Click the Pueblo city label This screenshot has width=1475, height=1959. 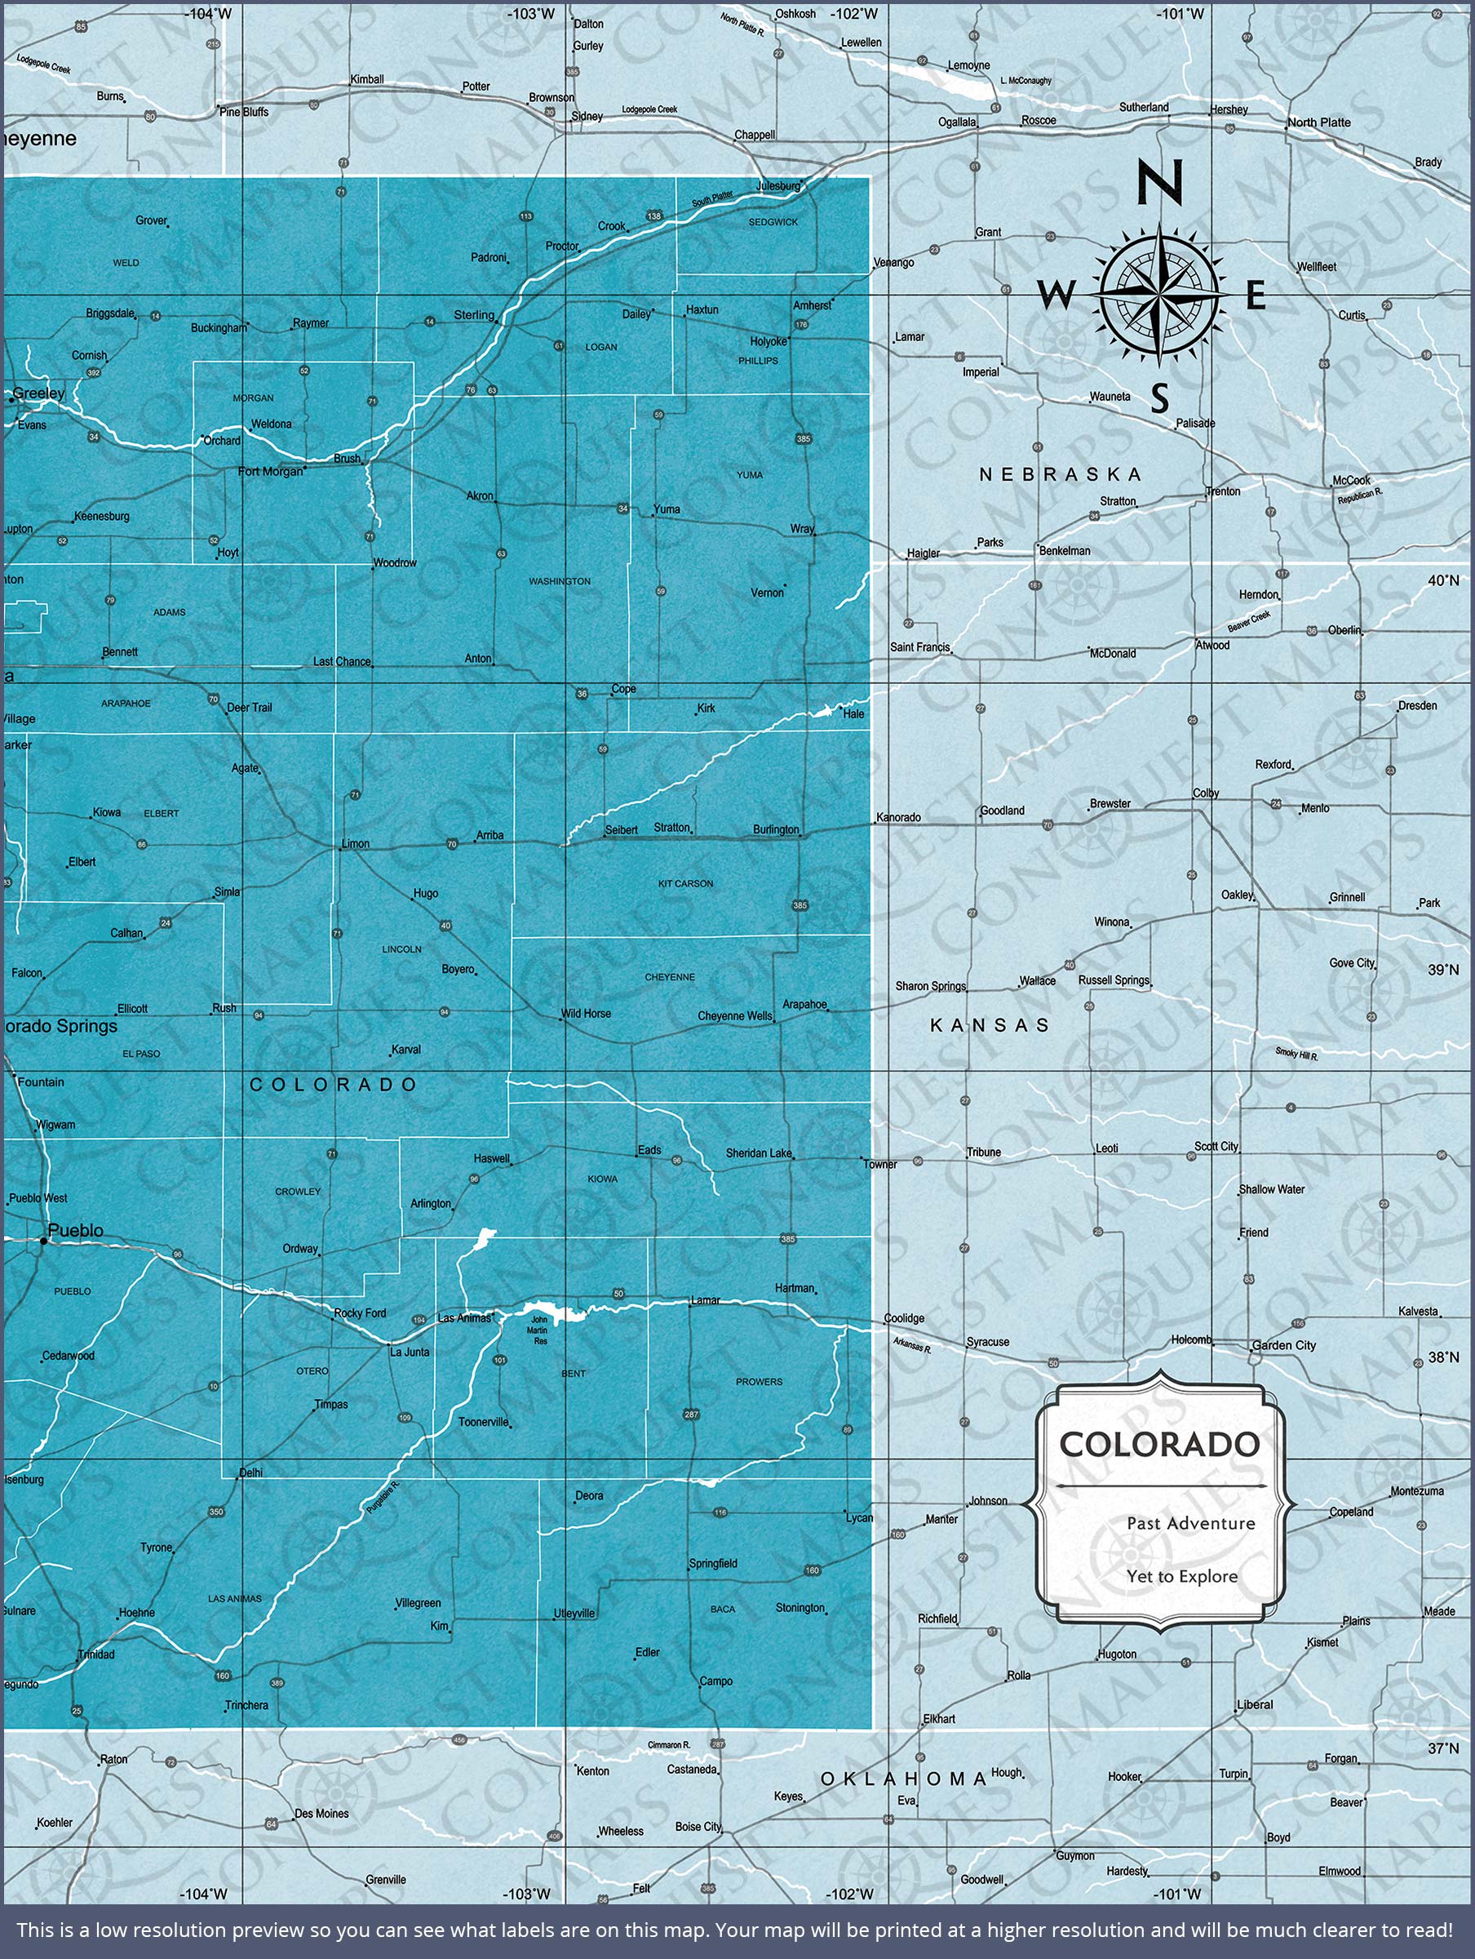[x=75, y=1230]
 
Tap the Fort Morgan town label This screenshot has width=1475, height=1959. [x=270, y=471]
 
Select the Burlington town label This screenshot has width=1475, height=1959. [x=776, y=830]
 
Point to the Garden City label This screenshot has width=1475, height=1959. [x=1284, y=1345]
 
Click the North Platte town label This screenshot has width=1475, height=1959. [x=1318, y=122]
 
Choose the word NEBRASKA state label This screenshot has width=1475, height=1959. [x=1060, y=475]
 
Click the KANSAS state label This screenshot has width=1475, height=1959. [x=990, y=1024]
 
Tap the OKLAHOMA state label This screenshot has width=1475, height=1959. [x=903, y=1779]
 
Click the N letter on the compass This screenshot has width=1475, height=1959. [x=1159, y=180]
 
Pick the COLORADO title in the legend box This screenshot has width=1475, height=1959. [x=1160, y=1445]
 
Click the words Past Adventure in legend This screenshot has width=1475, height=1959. [x=1191, y=1523]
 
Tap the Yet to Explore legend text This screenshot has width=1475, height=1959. [x=1182, y=1576]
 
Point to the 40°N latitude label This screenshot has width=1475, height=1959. [x=1442, y=580]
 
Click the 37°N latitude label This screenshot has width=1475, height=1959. [x=1442, y=1748]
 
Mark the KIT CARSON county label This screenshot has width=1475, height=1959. [x=685, y=884]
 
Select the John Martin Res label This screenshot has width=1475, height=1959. [x=539, y=1330]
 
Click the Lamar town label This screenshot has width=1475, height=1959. [x=706, y=1300]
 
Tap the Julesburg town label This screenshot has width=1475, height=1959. [x=778, y=186]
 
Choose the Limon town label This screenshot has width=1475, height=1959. [x=356, y=844]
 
